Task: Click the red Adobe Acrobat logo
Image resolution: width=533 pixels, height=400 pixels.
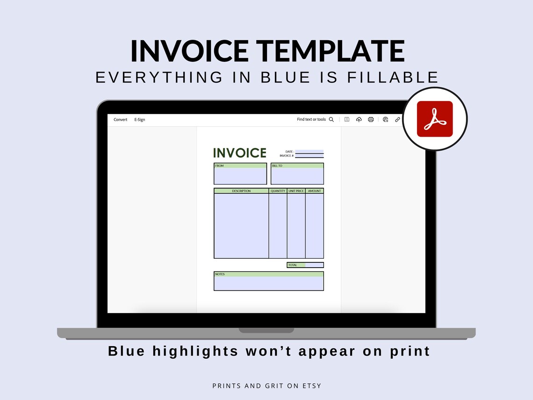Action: [x=435, y=119]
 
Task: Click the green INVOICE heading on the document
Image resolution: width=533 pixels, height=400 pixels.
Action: [x=239, y=153]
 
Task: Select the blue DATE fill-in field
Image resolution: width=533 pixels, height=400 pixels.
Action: [x=309, y=152]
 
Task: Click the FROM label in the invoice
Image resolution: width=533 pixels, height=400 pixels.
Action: [x=219, y=166]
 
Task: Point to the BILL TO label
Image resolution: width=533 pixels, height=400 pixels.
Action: [x=277, y=166]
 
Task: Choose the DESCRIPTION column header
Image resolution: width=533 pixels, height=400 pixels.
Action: [x=241, y=191]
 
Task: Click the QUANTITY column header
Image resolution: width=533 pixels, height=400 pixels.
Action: [x=278, y=191]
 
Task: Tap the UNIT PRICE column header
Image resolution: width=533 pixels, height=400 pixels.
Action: [x=296, y=191]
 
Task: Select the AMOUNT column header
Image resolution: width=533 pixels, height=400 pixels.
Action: [x=315, y=191]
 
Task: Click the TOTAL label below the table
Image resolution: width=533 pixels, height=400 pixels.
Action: [x=293, y=265]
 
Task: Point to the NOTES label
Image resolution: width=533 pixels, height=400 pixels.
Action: [x=220, y=274]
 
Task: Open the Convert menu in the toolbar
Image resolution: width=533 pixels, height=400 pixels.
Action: [x=120, y=120]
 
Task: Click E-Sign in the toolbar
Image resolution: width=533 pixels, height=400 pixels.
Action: [x=140, y=120]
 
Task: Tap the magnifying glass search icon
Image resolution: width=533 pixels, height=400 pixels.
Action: [x=331, y=120]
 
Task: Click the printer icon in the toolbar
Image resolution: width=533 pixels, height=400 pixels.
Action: [x=371, y=120]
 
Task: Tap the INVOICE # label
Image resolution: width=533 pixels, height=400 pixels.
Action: [x=287, y=156]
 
